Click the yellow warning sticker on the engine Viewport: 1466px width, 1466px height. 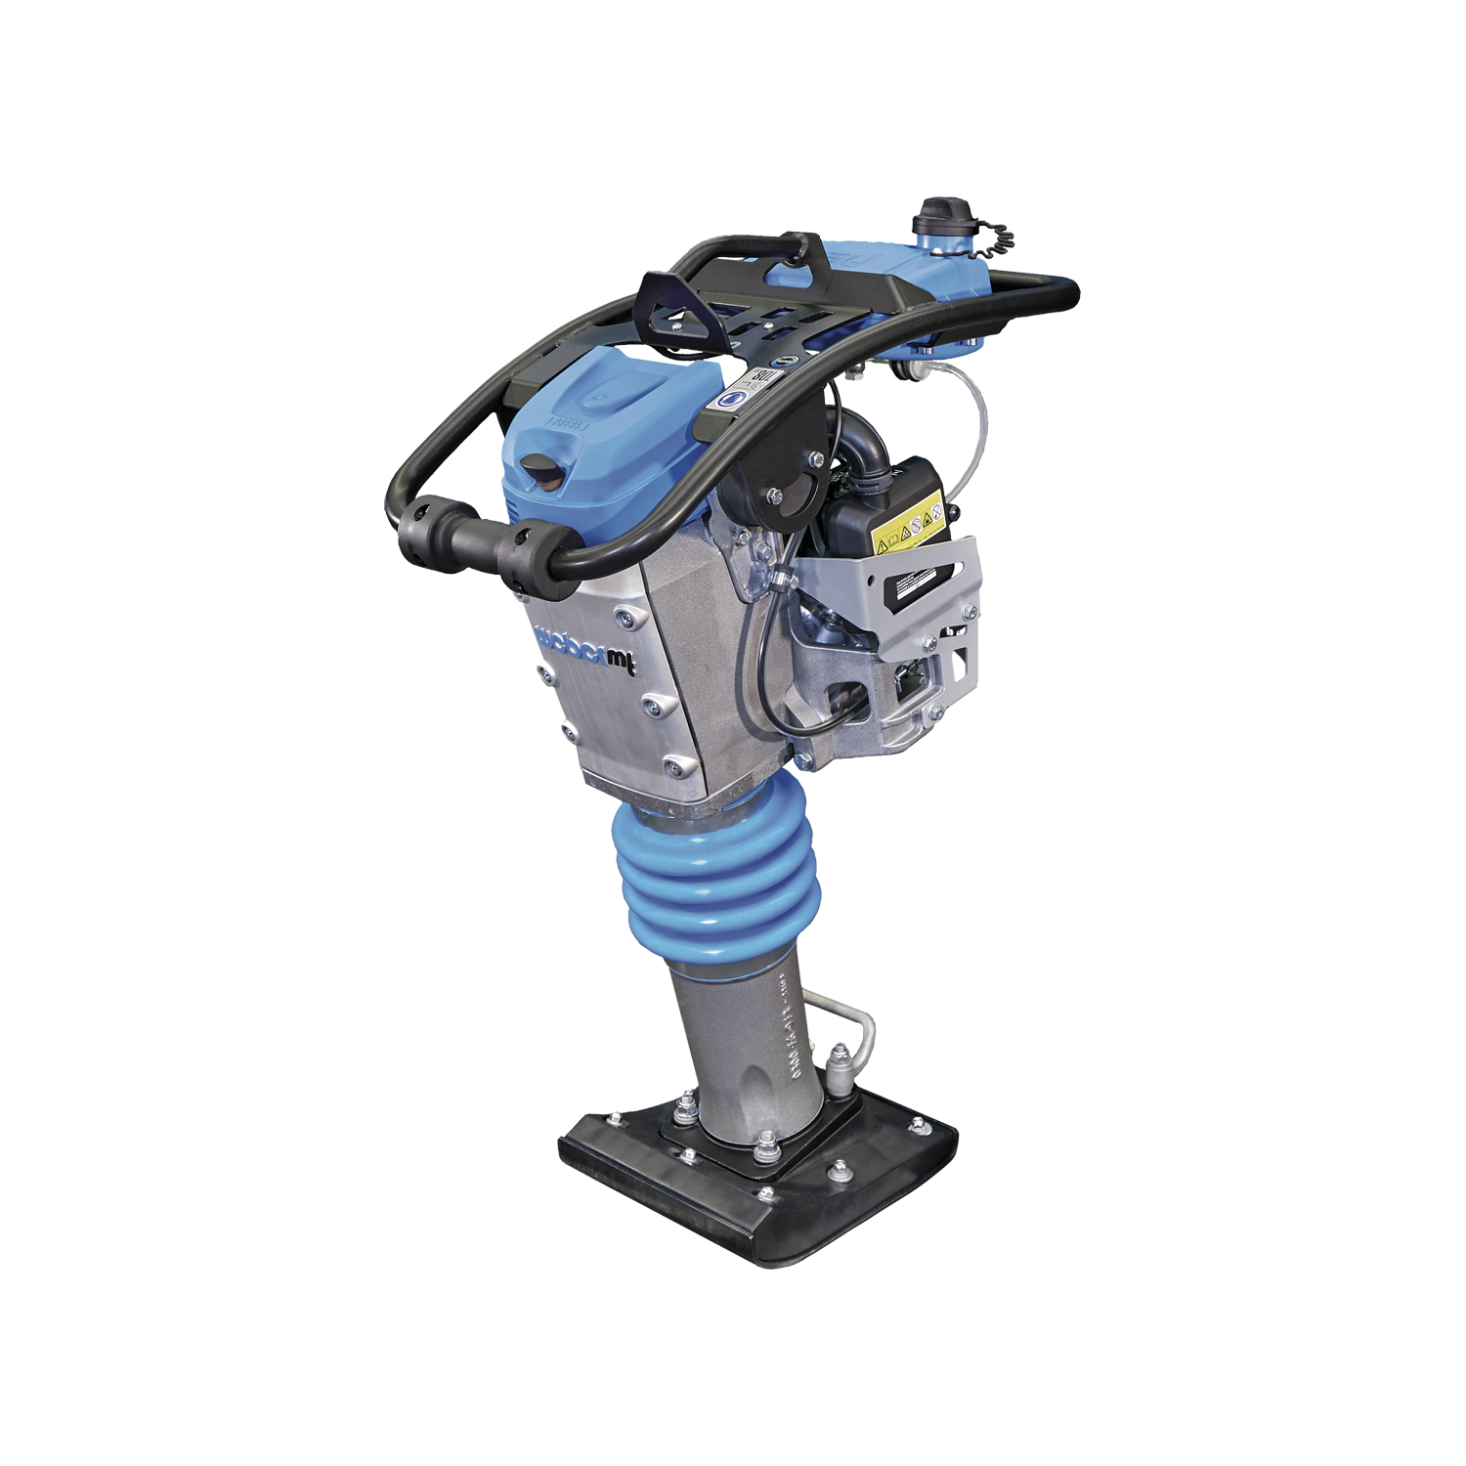point(909,528)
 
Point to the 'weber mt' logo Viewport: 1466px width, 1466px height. point(586,650)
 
